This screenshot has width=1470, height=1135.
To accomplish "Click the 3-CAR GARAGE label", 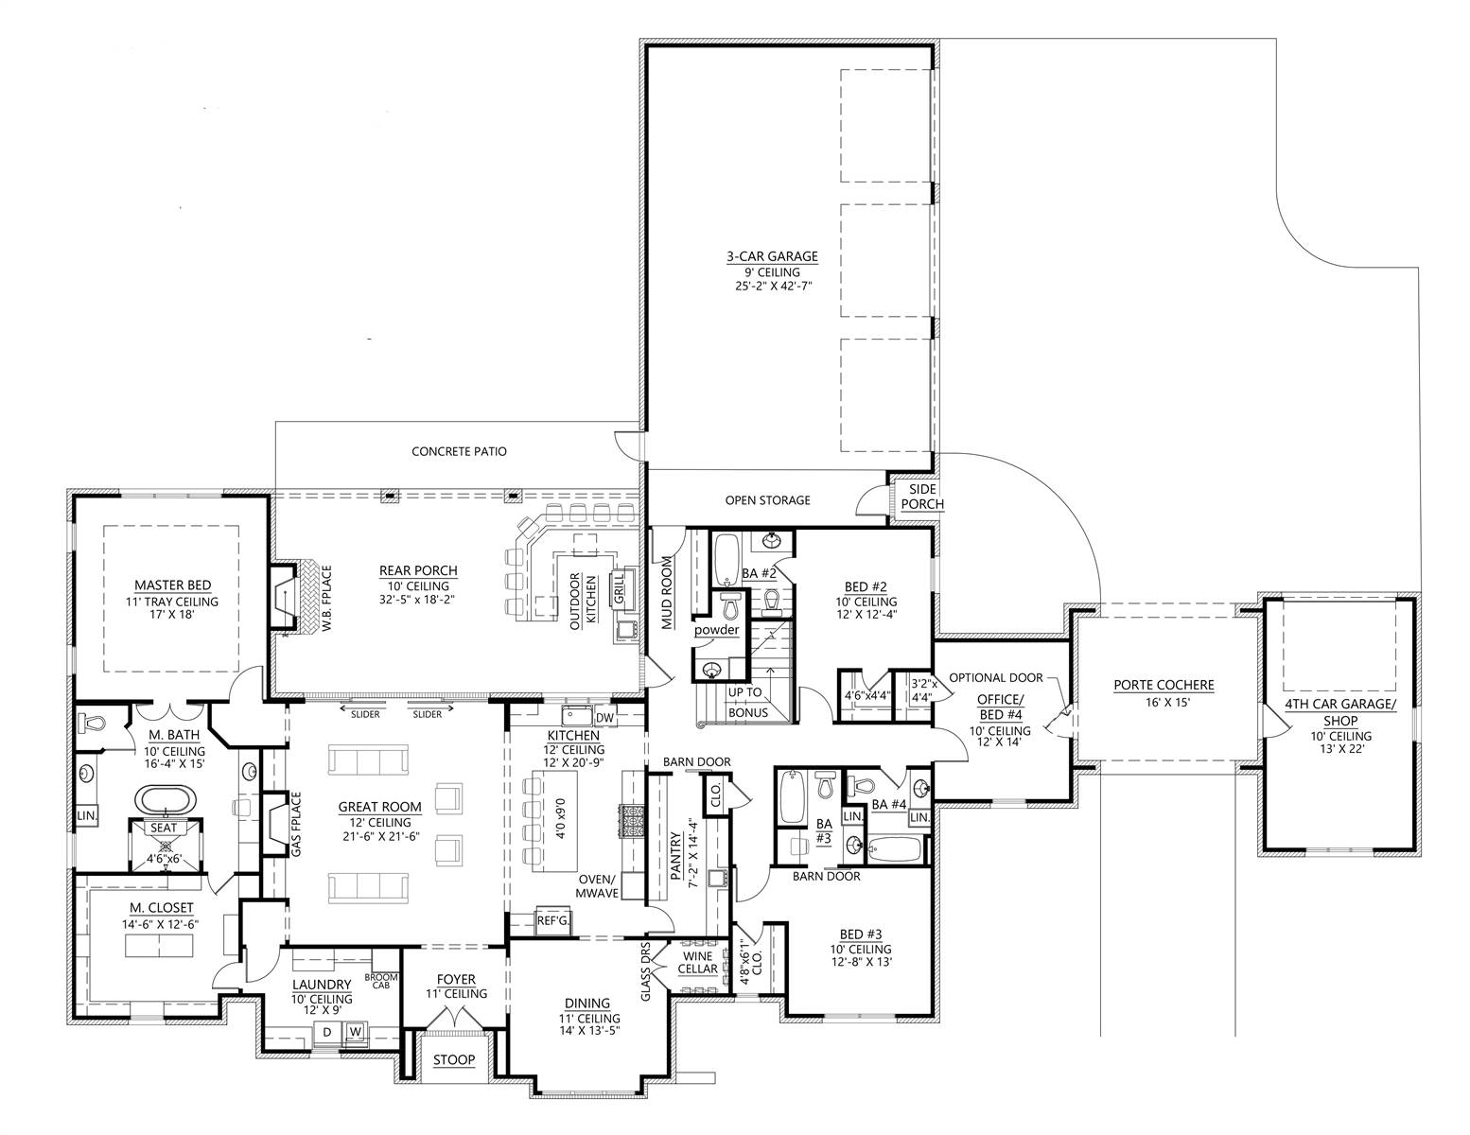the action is (x=772, y=256).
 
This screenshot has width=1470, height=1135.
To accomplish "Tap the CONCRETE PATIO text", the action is (x=459, y=451).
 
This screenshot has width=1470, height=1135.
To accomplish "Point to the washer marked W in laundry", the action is (x=355, y=1032).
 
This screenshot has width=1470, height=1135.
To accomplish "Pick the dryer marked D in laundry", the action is (x=327, y=1033).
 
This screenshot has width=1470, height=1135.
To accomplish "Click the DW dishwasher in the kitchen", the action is (x=604, y=718).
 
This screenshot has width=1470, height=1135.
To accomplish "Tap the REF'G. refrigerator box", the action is (x=553, y=920).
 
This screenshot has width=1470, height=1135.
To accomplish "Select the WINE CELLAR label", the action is (x=697, y=963).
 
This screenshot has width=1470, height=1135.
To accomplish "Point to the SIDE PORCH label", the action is (x=922, y=497).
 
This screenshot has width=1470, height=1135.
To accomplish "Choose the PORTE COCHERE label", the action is (x=1164, y=685).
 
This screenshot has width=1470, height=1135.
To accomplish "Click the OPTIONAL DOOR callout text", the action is (x=996, y=678).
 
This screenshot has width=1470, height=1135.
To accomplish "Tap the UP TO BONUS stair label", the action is (x=747, y=702).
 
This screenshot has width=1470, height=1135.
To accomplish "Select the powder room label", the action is (x=716, y=630).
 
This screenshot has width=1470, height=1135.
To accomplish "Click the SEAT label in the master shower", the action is (x=163, y=828).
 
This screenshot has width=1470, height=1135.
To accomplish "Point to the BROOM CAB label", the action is (x=381, y=982).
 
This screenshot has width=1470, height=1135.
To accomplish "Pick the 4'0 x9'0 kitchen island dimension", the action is (x=560, y=829).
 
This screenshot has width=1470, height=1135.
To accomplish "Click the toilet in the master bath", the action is (x=93, y=723).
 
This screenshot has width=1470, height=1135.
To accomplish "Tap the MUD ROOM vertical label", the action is (x=667, y=592).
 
